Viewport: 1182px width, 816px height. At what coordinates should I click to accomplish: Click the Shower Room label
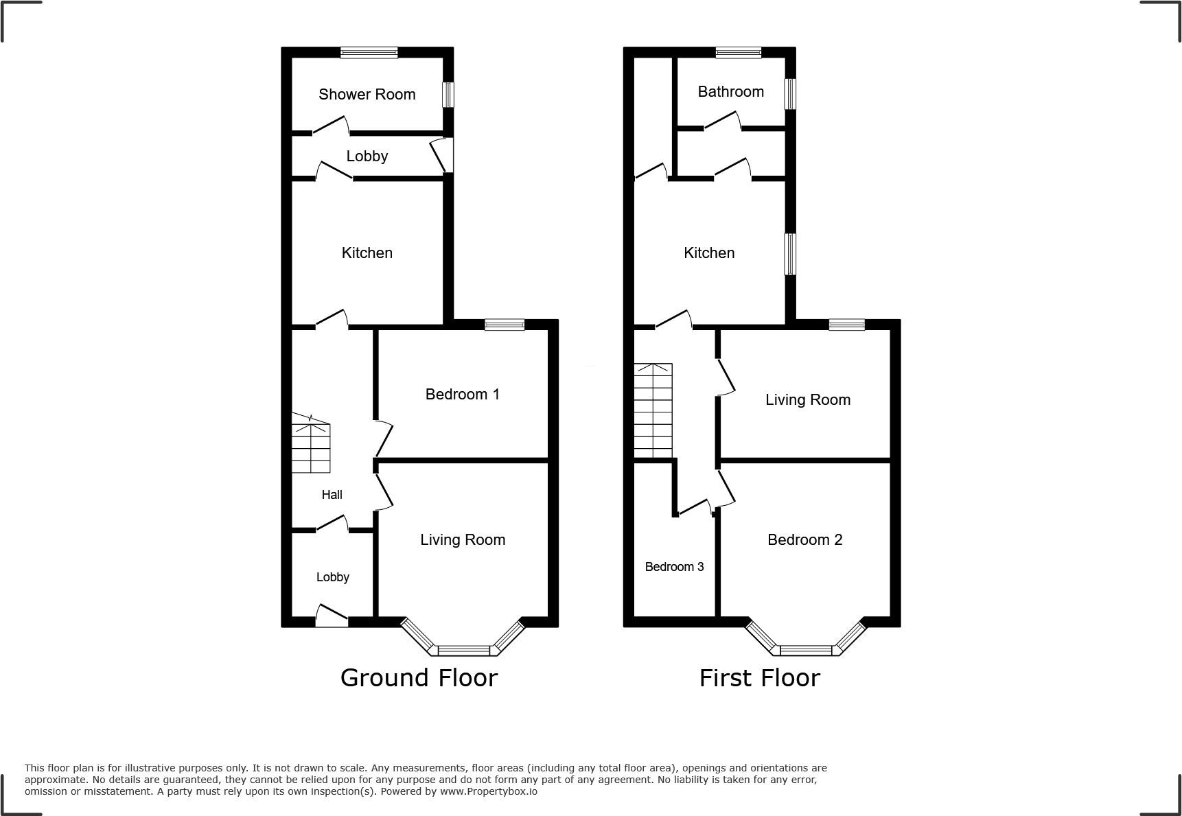[x=367, y=94]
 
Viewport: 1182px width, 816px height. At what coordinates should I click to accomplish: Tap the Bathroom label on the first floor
[x=730, y=91]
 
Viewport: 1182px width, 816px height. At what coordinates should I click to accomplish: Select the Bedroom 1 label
[x=462, y=394]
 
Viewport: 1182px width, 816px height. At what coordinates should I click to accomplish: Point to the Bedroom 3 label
[x=674, y=566]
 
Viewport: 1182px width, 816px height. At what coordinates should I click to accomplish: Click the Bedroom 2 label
[x=804, y=539]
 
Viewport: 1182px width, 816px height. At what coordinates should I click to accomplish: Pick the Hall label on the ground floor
[x=332, y=494]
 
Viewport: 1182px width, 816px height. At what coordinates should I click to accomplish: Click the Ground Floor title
[x=419, y=677]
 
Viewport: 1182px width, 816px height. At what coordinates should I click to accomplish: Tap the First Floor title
[x=759, y=677]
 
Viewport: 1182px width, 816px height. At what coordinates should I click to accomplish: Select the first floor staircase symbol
[x=653, y=410]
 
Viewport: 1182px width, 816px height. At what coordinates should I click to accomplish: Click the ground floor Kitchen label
[x=367, y=253]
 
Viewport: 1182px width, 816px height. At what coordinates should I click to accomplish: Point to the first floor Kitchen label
[x=709, y=253]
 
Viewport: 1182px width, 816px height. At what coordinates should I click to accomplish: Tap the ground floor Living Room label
[x=463, y=539]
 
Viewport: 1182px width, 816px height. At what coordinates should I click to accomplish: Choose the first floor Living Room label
[x=808, y=399]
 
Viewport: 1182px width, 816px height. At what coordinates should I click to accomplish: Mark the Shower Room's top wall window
[x=369, y=52]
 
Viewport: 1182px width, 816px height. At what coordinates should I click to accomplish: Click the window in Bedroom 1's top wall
[x=505, y=325]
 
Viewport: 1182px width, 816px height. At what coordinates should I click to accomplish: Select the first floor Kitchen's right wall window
[x=791, y=254]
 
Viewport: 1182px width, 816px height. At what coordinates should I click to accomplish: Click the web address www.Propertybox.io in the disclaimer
[x=489, y=791]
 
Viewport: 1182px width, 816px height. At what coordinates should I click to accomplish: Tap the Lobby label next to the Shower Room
[x=367, y=156]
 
